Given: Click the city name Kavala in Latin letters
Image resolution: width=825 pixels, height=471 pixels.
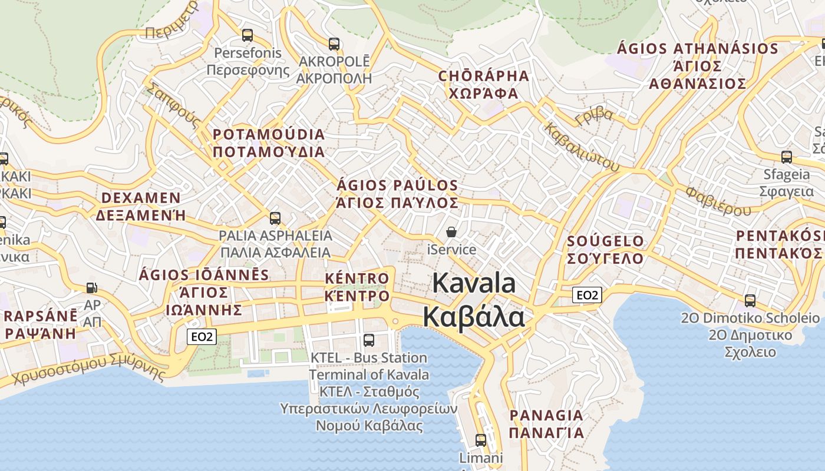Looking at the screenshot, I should pos(474,283).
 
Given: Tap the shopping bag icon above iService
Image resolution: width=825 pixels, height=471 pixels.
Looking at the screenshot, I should pos(451,232).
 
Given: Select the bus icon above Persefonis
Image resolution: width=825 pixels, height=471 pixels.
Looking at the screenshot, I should pos(247,35).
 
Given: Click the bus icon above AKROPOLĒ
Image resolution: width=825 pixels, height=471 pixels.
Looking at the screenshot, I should pos(334,44).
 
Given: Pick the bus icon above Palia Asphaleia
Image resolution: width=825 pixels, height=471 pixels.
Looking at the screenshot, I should pos(275,218).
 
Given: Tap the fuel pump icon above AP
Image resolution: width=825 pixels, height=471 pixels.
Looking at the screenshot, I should pos(92,288).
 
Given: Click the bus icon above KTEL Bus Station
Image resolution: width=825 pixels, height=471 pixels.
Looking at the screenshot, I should pos(369,340).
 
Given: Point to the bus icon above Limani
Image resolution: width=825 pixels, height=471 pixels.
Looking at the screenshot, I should pos(481,440).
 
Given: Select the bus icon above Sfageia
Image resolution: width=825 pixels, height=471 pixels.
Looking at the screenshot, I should pos(787,157).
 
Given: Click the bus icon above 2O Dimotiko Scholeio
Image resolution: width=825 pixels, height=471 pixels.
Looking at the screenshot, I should pos(750,300).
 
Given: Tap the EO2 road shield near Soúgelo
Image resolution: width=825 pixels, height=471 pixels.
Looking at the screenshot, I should pos(587,295).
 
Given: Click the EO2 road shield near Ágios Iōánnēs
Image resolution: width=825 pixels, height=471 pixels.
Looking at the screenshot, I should pos(202,337).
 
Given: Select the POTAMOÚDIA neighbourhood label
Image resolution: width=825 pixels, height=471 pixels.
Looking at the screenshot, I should pos(269,134).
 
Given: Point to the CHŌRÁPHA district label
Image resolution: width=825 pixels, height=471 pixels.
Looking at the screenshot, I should pos(483,76).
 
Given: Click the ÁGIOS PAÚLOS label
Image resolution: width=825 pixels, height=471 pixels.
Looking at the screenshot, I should pos(397,185).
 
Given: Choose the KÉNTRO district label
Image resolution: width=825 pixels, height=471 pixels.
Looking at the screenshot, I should pos(357,278).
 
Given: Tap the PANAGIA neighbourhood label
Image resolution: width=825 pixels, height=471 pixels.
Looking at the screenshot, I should pos(546,416).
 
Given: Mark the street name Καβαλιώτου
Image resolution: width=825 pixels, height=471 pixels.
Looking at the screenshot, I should pos(581,147).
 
